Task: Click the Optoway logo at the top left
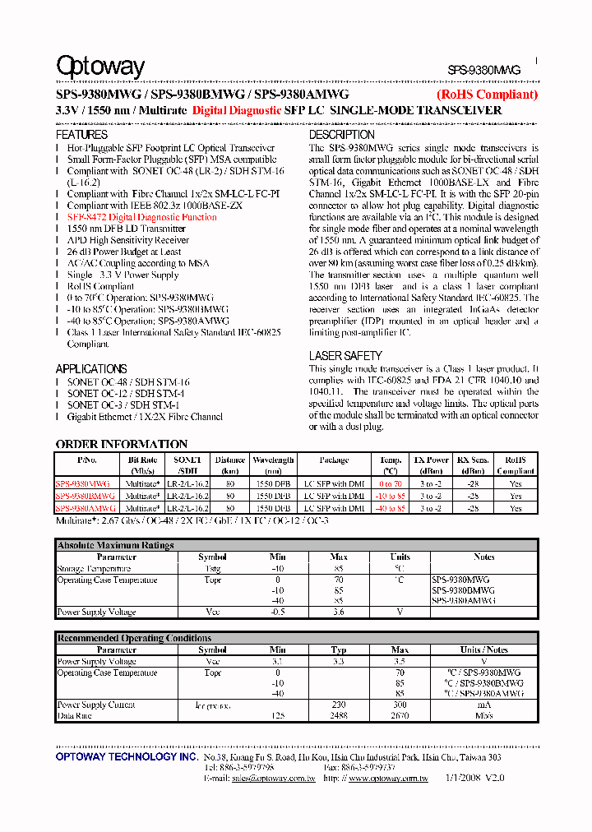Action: (x=99, y=67)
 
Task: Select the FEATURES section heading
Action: (x=81, y=134)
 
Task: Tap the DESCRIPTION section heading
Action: (x=341, y=134)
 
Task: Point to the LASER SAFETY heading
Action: (x=345, y=355)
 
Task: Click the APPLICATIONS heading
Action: (x=91, y=369)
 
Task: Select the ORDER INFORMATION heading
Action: (x=122, y=444)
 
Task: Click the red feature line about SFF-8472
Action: (x=142, y=217)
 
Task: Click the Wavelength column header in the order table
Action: (x=273, y=460)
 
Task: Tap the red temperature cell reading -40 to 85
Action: (x=391, y=509)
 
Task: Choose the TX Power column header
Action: (x=431, y=460)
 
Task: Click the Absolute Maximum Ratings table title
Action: (x=115, y=545)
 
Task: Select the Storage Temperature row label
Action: (x=94, y=568)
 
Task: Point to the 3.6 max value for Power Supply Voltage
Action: (x=339, y=612)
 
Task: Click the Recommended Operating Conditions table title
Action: (x=134, y=638)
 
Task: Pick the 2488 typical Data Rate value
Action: (x=339, y=716)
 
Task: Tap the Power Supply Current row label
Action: (x=96, y=705)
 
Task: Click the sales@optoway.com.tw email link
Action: (x=274, y=778)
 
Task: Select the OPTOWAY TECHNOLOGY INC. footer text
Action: (x=126, y=756)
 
